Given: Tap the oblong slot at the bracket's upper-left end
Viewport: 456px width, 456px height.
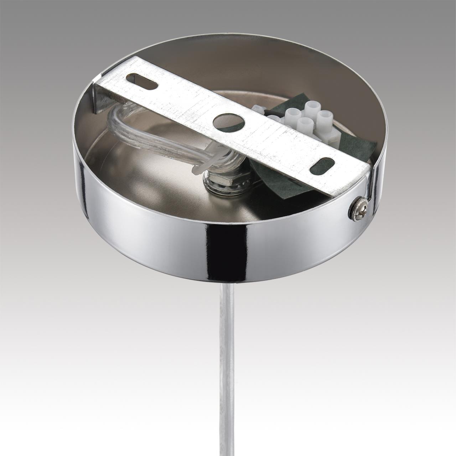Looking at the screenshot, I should point(142,79).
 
